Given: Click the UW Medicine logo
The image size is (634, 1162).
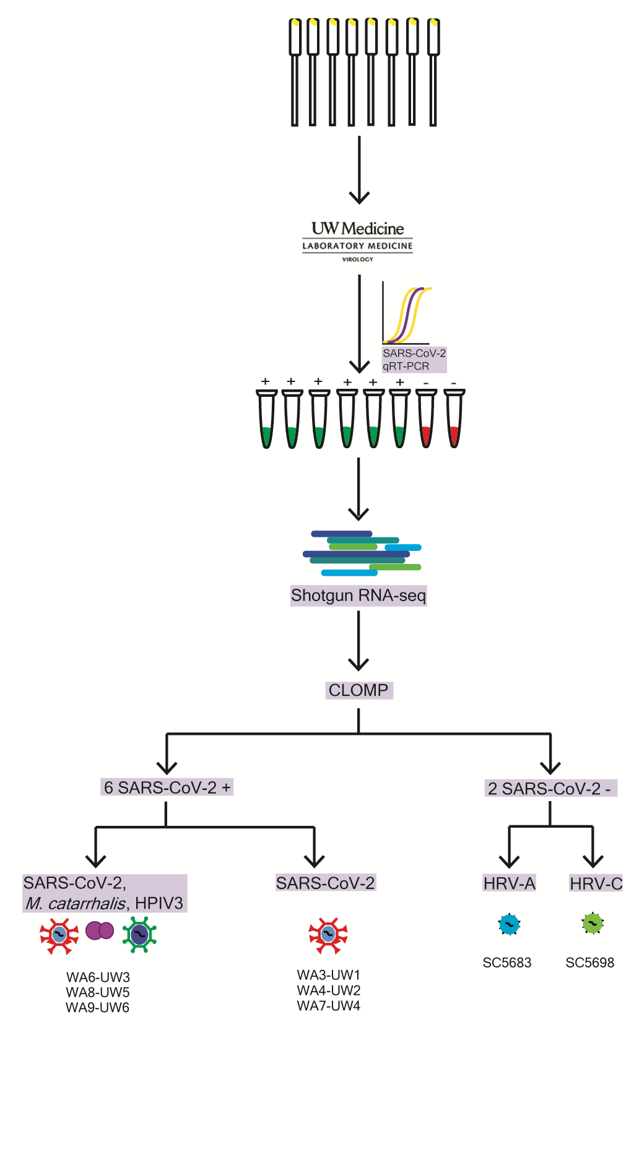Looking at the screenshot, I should tap(357, 241).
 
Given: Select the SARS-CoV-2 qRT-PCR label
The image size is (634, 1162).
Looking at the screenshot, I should tap(414, 360).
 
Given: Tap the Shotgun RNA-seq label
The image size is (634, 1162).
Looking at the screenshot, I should tap(358, 596).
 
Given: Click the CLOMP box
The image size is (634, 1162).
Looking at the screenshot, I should tap(359, 690).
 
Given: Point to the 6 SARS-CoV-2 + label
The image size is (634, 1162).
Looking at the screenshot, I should tap(167, 787).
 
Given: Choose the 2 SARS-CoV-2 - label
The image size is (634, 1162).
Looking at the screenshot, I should tap(550, 789).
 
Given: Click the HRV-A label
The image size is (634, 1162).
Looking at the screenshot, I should tap(509, 883).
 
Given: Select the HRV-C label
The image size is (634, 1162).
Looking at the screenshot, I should tap(596, 883).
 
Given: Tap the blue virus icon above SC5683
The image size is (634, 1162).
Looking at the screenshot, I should tap(509, 925).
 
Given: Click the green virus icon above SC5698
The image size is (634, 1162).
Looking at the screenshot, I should tap(593, 923).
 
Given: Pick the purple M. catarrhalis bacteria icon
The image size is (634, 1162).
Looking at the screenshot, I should tap(100, 930).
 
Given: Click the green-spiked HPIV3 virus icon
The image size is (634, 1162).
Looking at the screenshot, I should tap(139, 934).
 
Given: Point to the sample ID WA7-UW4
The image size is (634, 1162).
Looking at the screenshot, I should tap(328, 1005).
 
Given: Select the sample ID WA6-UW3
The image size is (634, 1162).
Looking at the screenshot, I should tap(98, 978).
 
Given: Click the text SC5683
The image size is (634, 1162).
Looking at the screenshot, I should tap(506, 963).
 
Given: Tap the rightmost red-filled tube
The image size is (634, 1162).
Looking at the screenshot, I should tap(454, 419).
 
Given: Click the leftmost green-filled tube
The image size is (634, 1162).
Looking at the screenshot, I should tap(266, 419).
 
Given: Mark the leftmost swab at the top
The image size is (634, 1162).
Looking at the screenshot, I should tap(295, 71).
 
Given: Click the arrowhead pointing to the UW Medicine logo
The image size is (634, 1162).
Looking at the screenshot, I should tap(359, 197).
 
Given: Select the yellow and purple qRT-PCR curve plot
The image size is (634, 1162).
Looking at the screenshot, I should tap(407, 314).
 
